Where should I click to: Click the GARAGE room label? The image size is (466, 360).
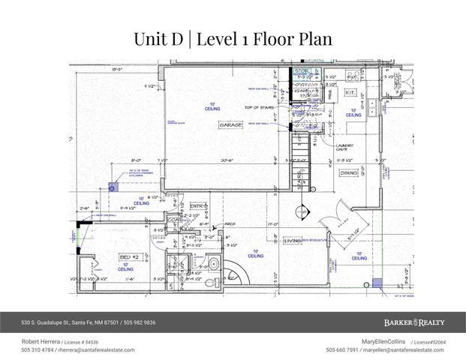pyautogui.click(x=230, y=125)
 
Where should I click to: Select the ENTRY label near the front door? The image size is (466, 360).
pyautogui.click(x=197, y=205)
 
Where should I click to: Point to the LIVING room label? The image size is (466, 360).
pyautogui.click(x=292, y=241)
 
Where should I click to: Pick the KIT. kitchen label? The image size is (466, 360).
pyautogui.click(x=350, y=92)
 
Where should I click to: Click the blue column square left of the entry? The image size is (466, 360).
pyautogui.click(x=113, y=188)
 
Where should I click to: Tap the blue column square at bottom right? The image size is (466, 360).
pyautogui.click(x=378, y=282)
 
